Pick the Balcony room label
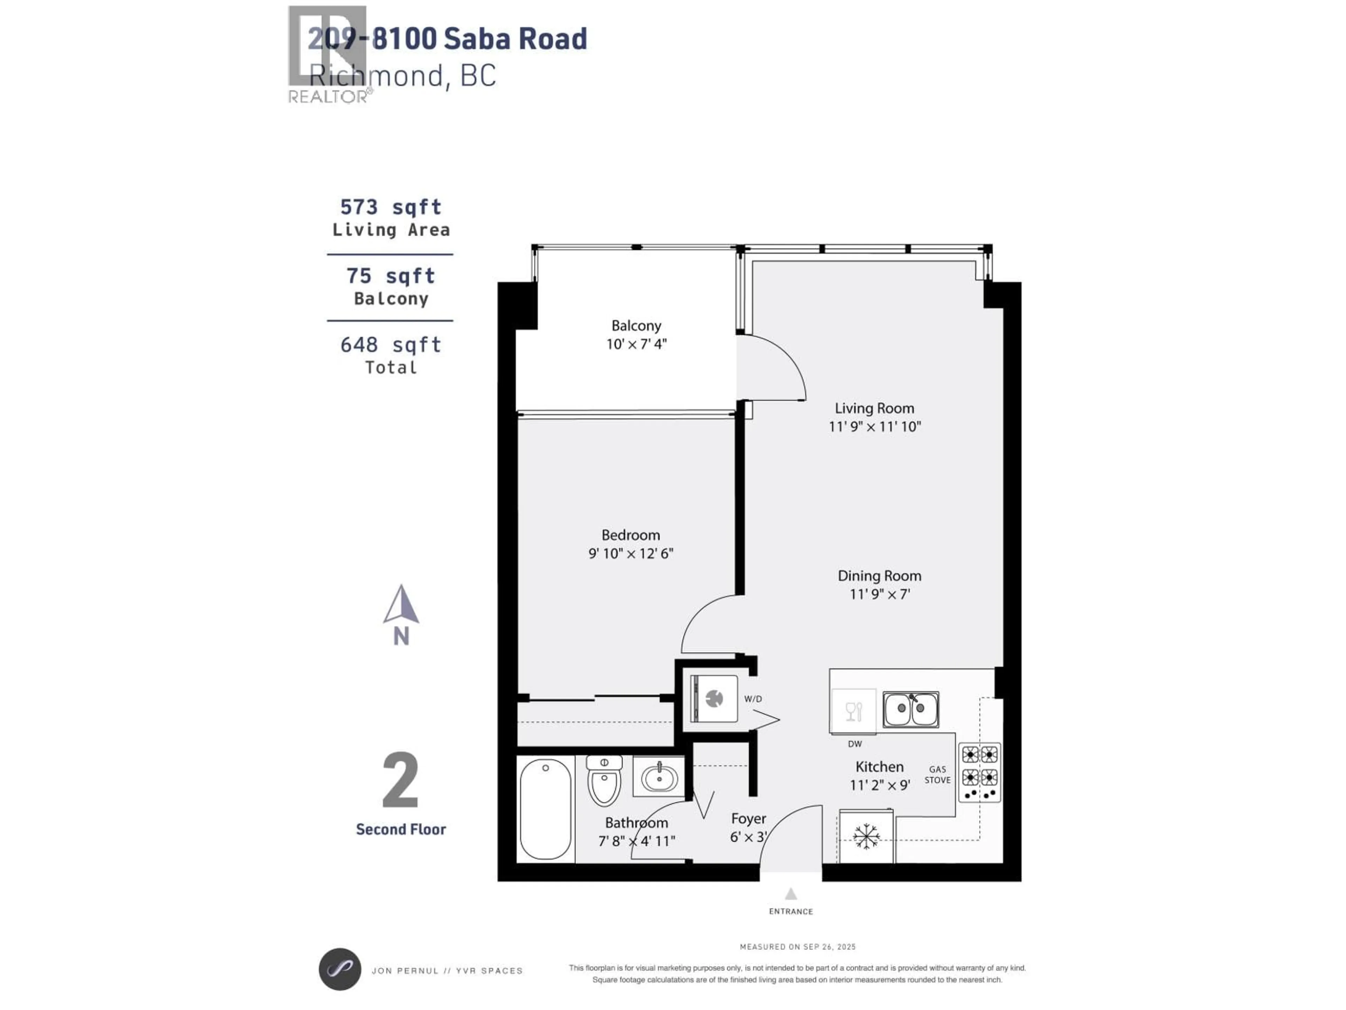[636, 326]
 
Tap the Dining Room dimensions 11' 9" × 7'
[879, 594]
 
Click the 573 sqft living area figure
[390, 207]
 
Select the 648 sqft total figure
[390, 345]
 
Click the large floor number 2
[400, 780]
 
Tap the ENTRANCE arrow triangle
[790, 894]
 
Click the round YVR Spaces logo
[340, 969]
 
